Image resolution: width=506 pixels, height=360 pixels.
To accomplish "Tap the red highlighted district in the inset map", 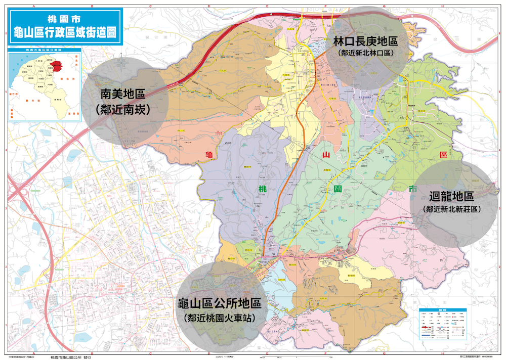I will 60,65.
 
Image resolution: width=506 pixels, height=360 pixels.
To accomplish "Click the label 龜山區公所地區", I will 219,303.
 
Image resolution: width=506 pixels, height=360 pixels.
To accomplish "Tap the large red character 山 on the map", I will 327,154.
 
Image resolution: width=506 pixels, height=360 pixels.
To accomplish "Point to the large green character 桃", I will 262,189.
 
